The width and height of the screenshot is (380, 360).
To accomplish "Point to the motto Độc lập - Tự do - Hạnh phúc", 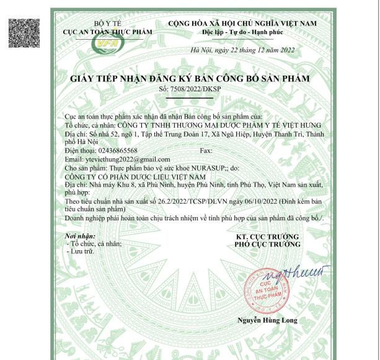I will [x=242, y=31].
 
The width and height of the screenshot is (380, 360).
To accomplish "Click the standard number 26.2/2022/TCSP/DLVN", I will [x=193, y=202].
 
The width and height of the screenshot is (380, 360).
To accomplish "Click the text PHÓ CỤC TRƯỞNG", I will [x=267, y=245].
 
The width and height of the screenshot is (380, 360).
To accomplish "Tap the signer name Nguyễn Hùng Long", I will [x=267, y=320].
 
